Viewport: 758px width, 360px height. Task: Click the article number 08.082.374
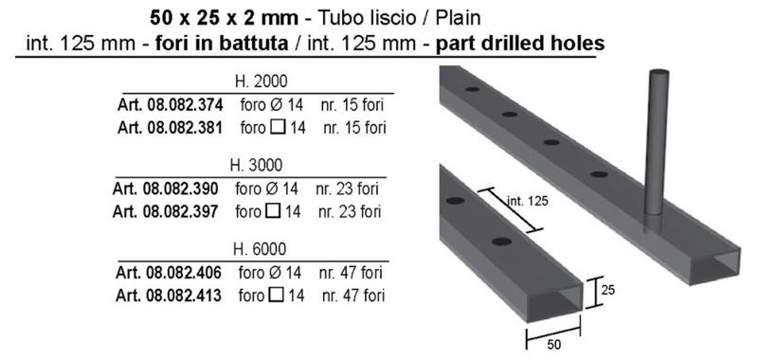click(184, 105)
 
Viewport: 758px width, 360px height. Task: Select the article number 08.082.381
click(184, 128)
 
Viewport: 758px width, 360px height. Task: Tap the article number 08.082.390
click(180, 189)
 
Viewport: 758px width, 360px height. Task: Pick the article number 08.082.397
click(180, 211)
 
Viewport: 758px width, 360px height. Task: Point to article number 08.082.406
click(183, 273)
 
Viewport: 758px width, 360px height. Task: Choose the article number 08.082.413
click(183, 296)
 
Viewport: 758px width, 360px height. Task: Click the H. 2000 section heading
click(262, 81)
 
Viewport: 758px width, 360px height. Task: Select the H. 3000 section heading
click(256, 165)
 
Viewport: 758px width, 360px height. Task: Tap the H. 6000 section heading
click(259, 249)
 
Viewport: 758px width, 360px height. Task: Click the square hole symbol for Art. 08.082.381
click(278, 128)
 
